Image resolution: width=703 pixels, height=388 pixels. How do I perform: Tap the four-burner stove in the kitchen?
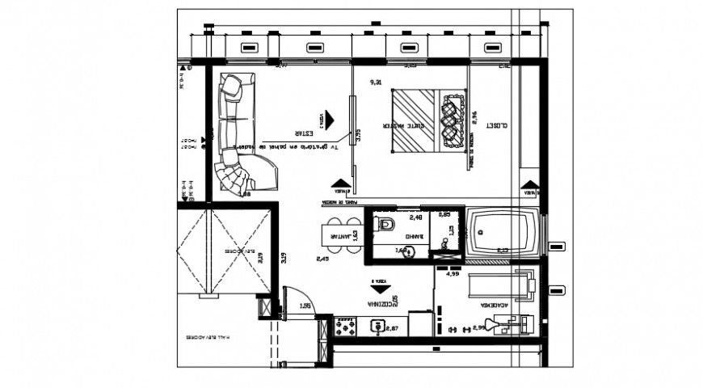point(346,327)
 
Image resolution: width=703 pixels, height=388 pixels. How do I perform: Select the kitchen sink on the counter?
point(377,327)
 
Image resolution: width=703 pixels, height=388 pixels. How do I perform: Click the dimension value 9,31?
point(376,83)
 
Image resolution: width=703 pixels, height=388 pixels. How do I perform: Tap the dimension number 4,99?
point(453,274)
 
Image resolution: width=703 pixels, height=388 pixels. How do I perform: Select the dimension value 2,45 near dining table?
point(322,259)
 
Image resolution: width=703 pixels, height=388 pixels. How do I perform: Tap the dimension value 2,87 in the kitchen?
point(394,328)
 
